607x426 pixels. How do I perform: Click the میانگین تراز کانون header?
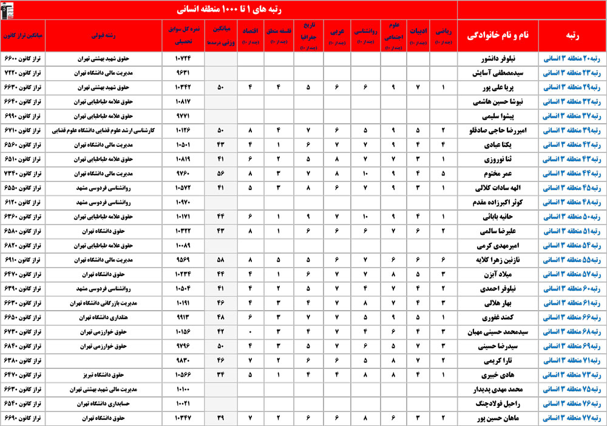point(22,36)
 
